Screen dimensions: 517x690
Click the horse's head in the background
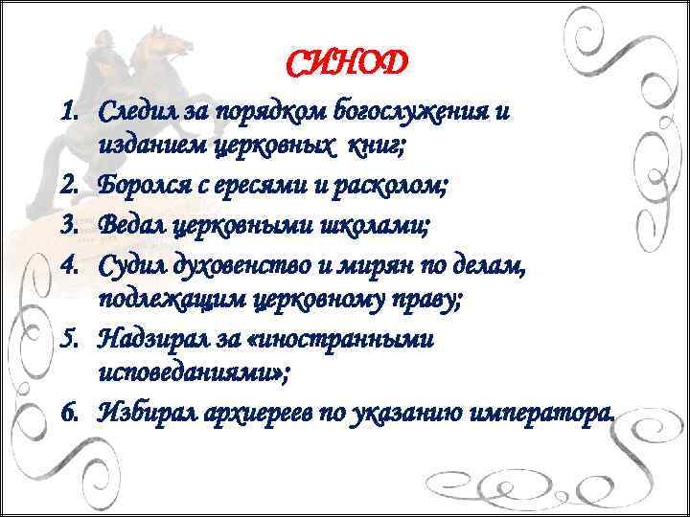pos(163,43)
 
